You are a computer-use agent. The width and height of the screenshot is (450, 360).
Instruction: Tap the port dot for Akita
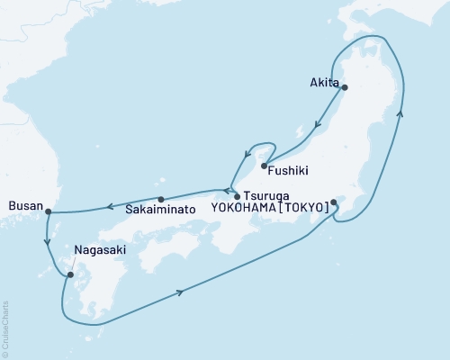pos(344,87)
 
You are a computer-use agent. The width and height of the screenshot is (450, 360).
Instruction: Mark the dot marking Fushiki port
pos(264,164)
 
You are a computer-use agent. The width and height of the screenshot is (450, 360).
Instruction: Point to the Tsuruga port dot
pos(237,195)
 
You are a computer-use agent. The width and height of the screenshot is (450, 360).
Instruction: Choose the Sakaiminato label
pos(158,210)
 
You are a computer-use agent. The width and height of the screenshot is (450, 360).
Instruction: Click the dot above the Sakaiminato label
pos(160,199)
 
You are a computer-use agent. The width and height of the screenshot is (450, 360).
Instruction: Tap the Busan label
pos(24,206)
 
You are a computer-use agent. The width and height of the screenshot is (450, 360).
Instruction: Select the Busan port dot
pos(48,212)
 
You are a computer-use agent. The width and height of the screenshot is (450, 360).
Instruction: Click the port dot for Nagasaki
pos(70,274)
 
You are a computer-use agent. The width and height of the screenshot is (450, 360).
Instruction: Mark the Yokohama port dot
pos(334,202)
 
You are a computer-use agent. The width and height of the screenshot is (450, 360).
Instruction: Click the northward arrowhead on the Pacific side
pos(401,113)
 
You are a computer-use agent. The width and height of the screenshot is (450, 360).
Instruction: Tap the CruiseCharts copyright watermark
pos(6,325)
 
